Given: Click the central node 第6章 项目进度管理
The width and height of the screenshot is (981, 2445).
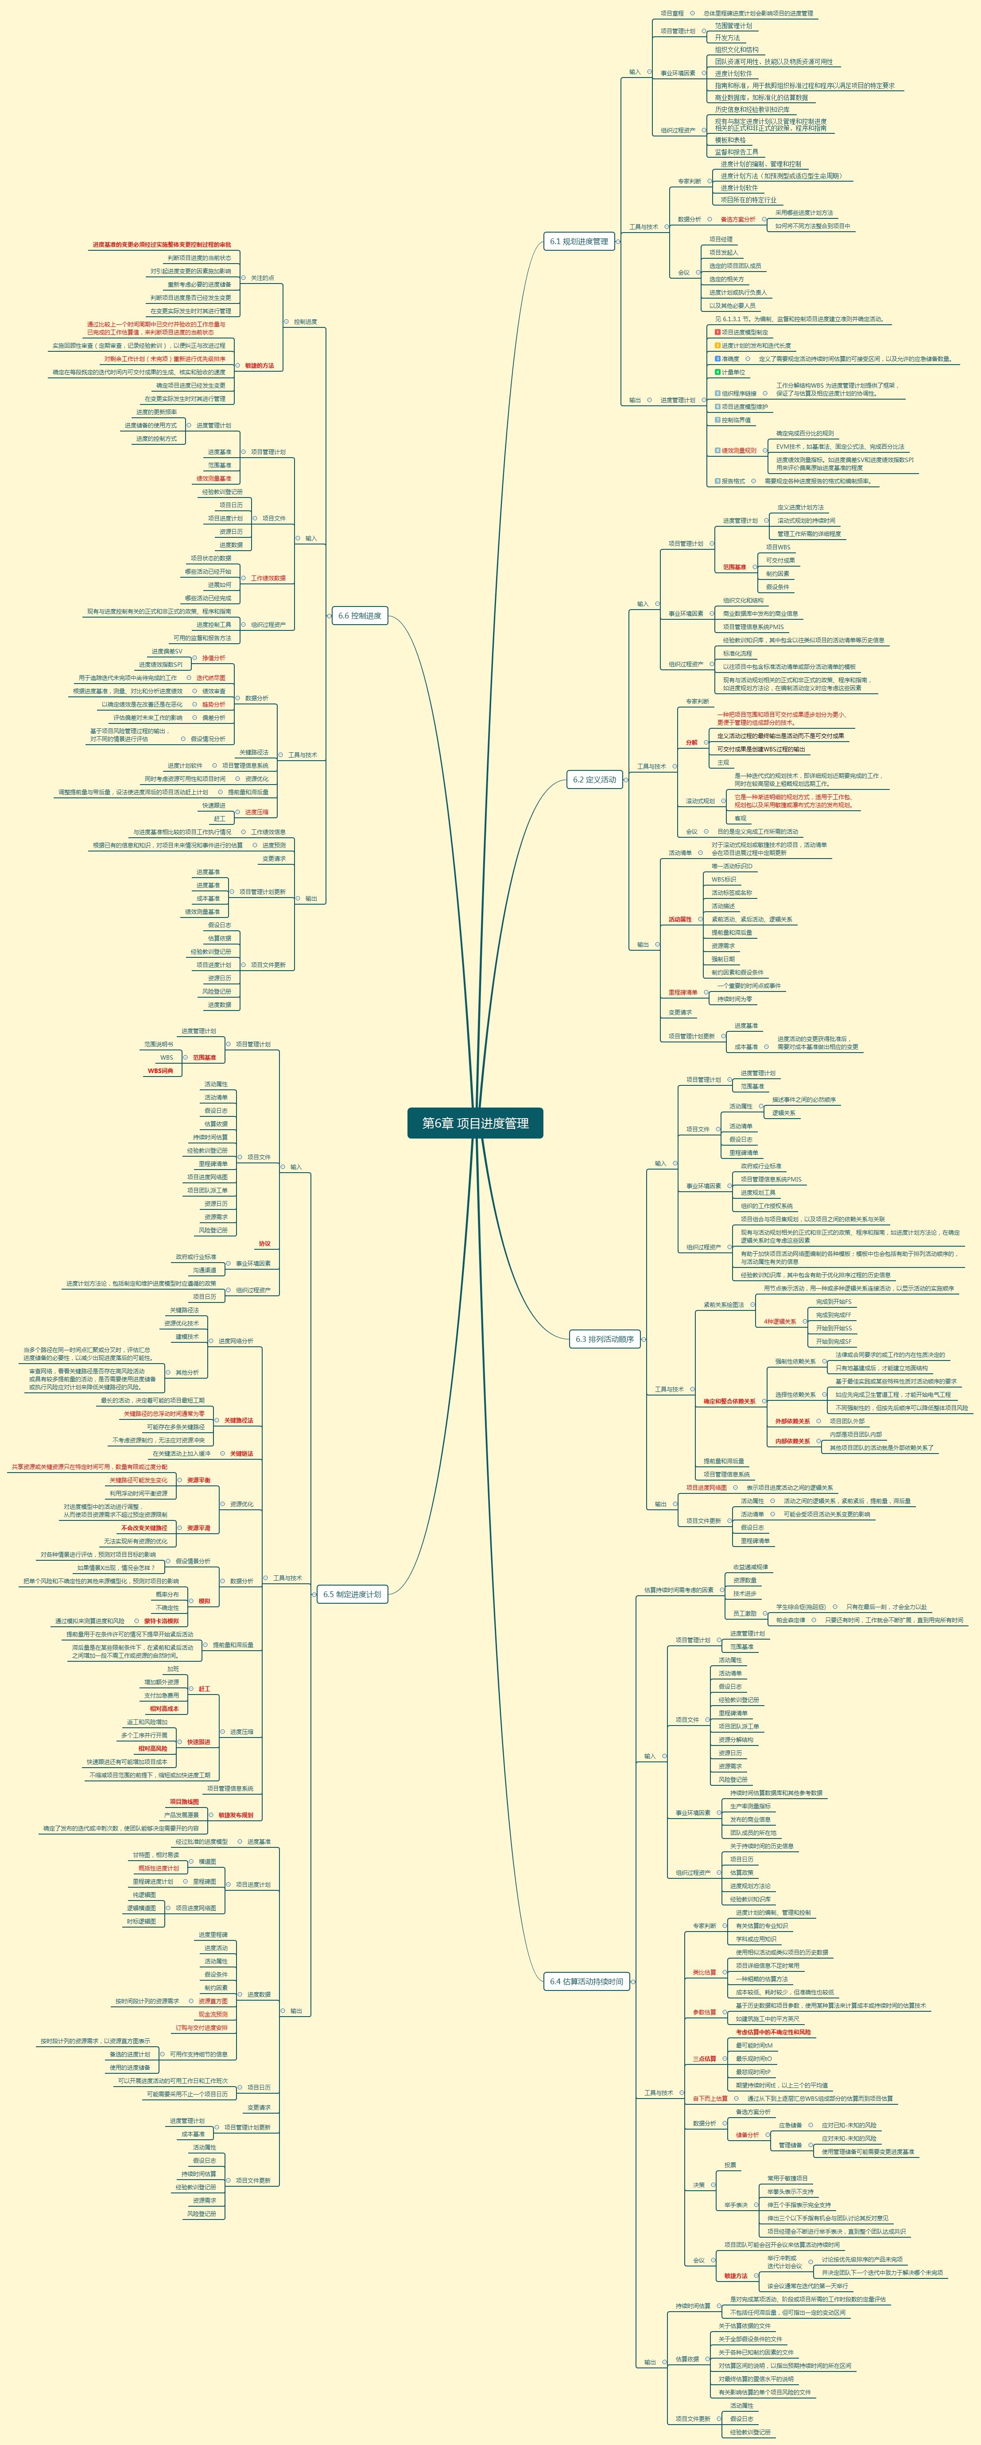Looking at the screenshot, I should [x=475, y=1123].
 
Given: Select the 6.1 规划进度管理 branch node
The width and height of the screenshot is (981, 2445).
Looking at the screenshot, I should [x=579, y=241].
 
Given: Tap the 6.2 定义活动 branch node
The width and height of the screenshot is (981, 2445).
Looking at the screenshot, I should [x=594, y=779].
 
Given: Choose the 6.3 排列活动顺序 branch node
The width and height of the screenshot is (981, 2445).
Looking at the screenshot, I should [x=605, y=1338].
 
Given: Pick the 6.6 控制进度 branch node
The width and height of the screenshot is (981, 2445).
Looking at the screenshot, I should [x=360, y=615].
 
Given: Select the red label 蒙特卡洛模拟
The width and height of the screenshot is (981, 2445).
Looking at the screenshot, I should [x=161, y=1621].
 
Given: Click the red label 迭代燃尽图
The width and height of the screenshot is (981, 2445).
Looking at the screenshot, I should [x=211, y=678].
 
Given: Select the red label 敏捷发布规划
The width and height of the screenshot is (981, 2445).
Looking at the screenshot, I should [x=236, y=1815].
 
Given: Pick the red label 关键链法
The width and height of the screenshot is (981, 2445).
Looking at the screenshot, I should [x=241, y=1453].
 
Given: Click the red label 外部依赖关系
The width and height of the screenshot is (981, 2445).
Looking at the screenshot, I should [x=792, y=1421].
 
